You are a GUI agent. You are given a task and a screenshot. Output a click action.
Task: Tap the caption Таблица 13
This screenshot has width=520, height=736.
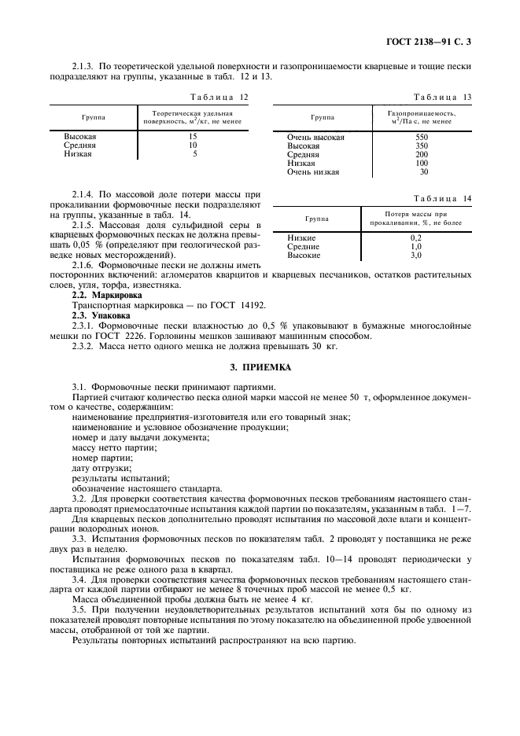443,97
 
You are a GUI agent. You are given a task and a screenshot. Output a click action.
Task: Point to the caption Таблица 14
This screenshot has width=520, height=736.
443,200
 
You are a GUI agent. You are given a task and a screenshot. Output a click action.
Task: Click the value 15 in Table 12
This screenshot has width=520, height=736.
193,137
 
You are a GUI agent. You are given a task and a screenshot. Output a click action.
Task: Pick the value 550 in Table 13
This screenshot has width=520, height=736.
422,137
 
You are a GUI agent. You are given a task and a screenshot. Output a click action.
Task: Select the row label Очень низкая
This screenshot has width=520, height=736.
313,171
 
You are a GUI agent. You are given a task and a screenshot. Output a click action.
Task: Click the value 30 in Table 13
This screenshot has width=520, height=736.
424,171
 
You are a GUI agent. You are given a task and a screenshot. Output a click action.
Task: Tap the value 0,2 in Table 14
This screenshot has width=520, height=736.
416,237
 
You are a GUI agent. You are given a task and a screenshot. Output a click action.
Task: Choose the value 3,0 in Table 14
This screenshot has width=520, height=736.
416,255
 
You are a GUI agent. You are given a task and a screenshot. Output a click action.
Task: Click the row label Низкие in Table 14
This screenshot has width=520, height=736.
302,237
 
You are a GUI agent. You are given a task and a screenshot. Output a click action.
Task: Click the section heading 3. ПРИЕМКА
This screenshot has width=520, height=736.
260,366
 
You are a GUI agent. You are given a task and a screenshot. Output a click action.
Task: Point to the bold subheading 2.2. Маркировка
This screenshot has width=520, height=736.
101,294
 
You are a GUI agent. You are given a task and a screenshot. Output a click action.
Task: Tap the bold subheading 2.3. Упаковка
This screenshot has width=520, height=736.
98,314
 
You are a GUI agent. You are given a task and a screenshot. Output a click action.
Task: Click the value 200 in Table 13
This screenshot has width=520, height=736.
422,154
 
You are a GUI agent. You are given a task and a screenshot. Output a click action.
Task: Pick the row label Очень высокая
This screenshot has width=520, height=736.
315,137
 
